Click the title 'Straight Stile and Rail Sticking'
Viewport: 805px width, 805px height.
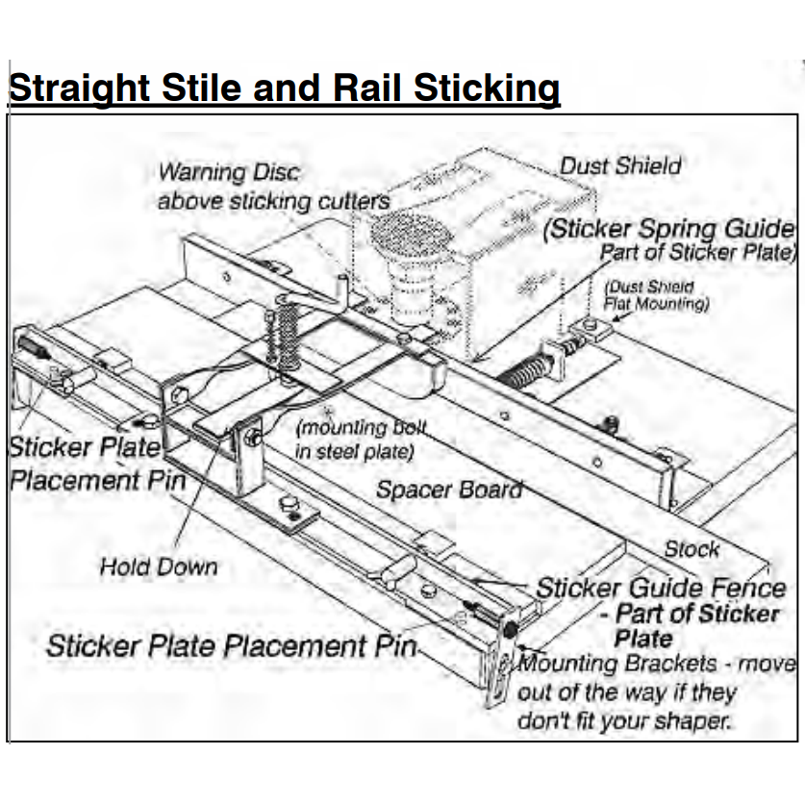click(284, 88)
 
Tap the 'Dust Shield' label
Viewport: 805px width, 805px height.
click(620, 165)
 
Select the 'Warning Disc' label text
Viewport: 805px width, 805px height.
click(229, 173)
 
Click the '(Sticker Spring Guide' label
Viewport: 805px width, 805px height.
click(668, 229)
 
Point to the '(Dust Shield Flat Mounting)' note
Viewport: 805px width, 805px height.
click(656, 295)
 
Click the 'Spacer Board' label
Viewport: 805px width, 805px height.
click(449, 490)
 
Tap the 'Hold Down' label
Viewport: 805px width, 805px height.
click(159, 567)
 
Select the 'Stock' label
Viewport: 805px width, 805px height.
click(692, 549)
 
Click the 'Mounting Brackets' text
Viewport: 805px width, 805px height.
click(616, 665)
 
